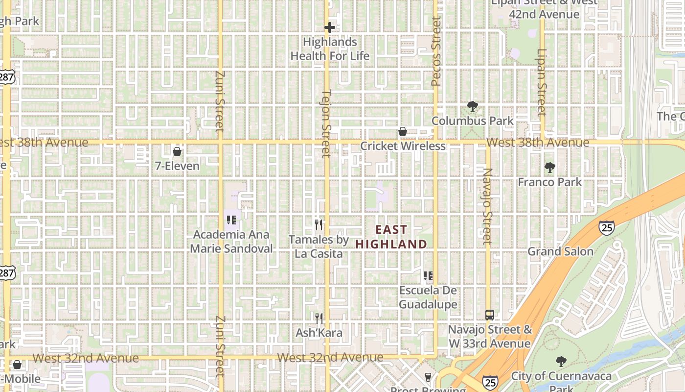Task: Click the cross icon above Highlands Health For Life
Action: point(330,27)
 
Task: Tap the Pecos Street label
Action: point(436,51)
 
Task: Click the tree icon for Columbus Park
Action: point(472,106)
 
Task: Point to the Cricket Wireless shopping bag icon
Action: point(403,131)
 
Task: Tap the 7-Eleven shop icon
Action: point(177,151)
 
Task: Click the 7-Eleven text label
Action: point(177,166)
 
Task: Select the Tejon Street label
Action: point(326,123)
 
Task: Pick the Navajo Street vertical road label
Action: point(487,206)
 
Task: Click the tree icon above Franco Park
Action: point(550,168)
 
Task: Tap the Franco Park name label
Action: point(550,182)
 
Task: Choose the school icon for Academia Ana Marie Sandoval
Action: point(231,220)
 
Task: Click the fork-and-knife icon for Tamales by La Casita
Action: point(319,225)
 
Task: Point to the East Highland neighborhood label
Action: point(391,237)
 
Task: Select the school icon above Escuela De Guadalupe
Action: point(428,276)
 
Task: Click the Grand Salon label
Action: point(560,252)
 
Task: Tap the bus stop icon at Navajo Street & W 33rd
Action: point(490,315)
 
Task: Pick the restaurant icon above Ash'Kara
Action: point(319,318)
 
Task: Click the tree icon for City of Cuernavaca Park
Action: point(561,362)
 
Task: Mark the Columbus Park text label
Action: point(472,121)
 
